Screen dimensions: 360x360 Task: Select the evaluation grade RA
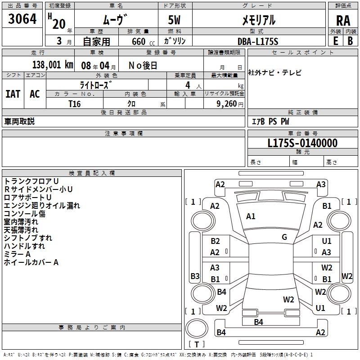pyautogui.click(x=343, y=21)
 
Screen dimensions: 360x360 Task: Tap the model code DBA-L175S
pyautogui.click(x=258, y=41)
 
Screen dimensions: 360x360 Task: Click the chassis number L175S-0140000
pyautogui.click(x=302, y=144)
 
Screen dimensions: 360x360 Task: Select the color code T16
pyautogui.click(x=74, y=104)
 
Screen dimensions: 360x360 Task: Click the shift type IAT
pyautogui.click(x=13, y=94)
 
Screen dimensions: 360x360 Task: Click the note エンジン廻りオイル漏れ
pyautogui.click(x=42, y=205)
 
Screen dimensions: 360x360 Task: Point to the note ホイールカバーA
pyautogui.click(x=31, y=262)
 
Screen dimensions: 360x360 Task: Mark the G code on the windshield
pyautogui.click(x=284, y=237)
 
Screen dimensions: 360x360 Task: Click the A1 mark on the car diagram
pyautogui.click(x=251, y=216)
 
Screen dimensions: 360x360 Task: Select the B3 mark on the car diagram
pyautogui.click(x=195, y=276)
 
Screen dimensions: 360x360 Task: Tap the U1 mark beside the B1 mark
pyautogui.click(x=327, y=241)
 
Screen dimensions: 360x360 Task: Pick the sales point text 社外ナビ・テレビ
pyautogui.click(x=275, y=72)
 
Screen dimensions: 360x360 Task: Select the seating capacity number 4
pyautogui.click(x=187, y=85)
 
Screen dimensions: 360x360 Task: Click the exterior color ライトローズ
pyautogui.click(x=96, y=85)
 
